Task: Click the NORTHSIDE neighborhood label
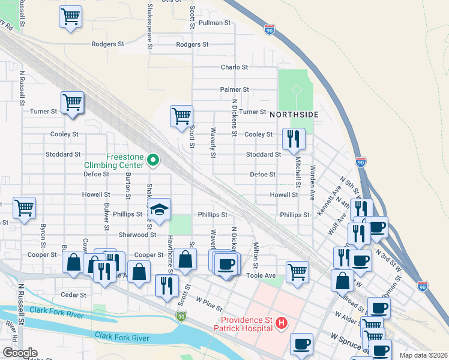(293, 114)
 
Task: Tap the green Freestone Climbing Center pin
(154, 160)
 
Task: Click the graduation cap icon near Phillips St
(159, 209)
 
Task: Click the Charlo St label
(234, 67)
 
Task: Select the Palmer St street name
(234, 89)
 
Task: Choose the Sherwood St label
(137, 235)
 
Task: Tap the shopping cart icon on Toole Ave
(297, 271)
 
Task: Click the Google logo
(20, 353)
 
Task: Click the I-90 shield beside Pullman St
(269, 28)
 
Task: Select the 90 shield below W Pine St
(181, 315)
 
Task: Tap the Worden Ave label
(313, 183)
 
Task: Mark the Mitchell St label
(297, 170)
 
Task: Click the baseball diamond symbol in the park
(296, 90)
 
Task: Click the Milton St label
(256, 256)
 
